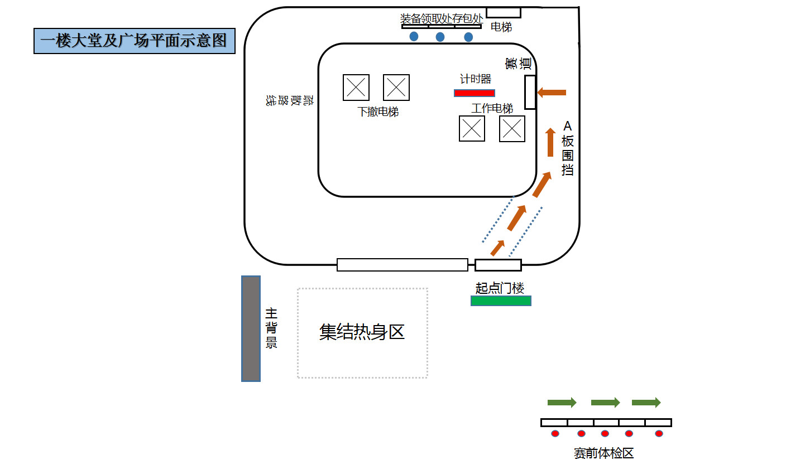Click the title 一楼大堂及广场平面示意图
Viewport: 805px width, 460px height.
click(134, 41)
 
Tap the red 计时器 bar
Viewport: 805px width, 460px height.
click(474, 93)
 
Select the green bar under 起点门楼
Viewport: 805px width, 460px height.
click(501, 301)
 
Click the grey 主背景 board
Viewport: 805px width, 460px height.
click(251, 328)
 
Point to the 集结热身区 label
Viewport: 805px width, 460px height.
click(362, 332)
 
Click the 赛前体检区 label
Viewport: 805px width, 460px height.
click(603, 453)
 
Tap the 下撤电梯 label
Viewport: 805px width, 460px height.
click(378, 112)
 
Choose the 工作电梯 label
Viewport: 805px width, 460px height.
click(492, 108)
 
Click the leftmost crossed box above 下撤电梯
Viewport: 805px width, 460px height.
click(356, 88)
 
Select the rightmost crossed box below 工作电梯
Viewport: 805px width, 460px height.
click(512, 129)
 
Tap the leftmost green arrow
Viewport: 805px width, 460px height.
click(562, 403)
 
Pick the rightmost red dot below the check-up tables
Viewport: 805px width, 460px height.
click(659, 434)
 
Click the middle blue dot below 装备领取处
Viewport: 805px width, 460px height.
click(440, 37)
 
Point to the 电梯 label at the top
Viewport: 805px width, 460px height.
click(501, 27)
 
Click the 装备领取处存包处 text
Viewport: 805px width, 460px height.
click(442, 18)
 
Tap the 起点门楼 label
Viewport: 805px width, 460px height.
click(500, 288)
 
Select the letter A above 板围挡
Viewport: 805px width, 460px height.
click(568, 125)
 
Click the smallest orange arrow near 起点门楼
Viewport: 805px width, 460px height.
click(497, 248)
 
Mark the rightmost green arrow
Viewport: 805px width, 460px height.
click(646, 403)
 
